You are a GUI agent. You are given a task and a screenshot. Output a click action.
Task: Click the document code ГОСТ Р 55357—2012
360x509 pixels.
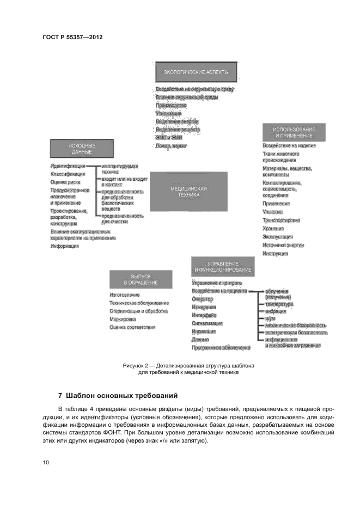click(x=72, y=38)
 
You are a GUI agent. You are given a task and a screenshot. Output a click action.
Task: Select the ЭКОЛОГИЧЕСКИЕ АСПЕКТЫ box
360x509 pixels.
click(x=192, y=72)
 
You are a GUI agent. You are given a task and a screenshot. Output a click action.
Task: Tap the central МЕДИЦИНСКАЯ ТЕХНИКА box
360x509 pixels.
click(x=188, y=191)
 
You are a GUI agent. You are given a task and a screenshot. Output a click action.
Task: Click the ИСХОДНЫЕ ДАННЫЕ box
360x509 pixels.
click(x=82, y=149)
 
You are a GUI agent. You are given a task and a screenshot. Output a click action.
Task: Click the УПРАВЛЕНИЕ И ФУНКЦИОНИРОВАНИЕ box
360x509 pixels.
click(x=222, y=267)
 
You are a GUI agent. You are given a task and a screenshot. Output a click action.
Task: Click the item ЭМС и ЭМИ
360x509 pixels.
click(x=169, y=138)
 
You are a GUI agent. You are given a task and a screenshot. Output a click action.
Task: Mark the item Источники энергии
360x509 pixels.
click(x=283, y=245)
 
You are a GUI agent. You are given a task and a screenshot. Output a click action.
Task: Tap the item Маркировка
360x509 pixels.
click(x=123, y=319)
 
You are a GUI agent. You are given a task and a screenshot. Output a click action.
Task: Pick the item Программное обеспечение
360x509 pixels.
click(x=221, y=347)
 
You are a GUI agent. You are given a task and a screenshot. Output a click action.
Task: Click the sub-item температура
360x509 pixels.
click(x=279, y=304)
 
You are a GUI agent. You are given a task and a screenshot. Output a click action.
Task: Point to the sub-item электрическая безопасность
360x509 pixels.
click(x=296, y=332)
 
